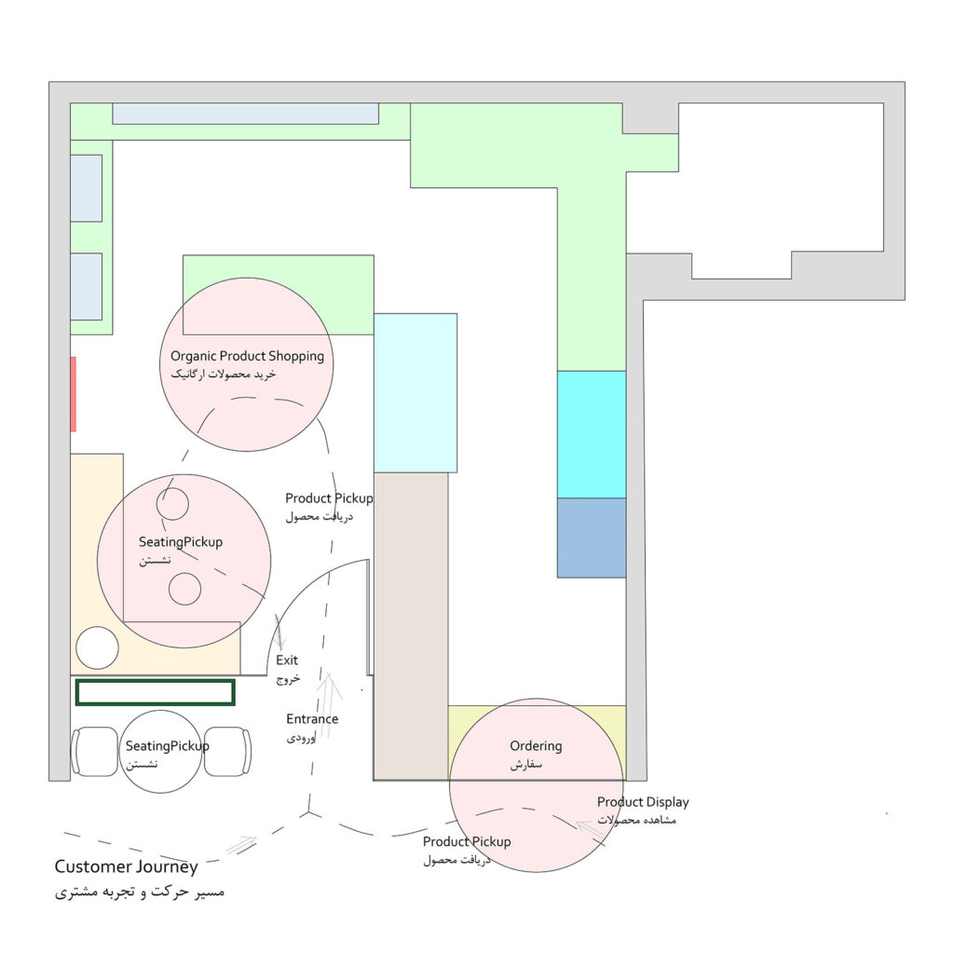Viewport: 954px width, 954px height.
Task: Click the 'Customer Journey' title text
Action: click(x=126, y=867)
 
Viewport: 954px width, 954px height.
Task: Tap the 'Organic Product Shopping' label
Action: click(x=247, y=357)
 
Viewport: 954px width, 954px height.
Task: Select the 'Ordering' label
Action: click(x=536, y=746)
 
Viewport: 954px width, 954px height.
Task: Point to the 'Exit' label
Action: click(x=287, y=661)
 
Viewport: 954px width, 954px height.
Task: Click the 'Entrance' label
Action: click(x=312, y=718)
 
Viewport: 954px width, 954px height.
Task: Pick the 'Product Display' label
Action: click(x=643, y=802)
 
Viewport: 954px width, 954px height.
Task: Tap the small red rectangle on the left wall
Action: click(x=73, y=394)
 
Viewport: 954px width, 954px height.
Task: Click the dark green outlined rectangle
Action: click(x=156, y=692)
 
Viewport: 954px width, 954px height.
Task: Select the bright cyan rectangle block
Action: click(x=592, y=434)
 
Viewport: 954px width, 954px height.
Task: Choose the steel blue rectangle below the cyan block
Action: click(x=592, y=538)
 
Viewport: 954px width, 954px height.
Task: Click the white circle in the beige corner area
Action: click(x=97, y=648)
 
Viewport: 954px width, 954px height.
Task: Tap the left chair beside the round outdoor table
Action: click(x=95, y=752)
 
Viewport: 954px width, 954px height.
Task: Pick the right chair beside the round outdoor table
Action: click(x=227, y=752)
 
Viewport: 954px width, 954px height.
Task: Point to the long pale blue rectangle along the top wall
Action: click(x=246, y=114)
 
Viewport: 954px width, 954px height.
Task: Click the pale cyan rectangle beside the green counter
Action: click(x=416, y=393)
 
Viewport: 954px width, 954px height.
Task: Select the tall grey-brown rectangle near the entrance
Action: click(x=411, y=626)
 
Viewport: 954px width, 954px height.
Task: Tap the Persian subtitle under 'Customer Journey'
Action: click(x=140, y=893)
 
